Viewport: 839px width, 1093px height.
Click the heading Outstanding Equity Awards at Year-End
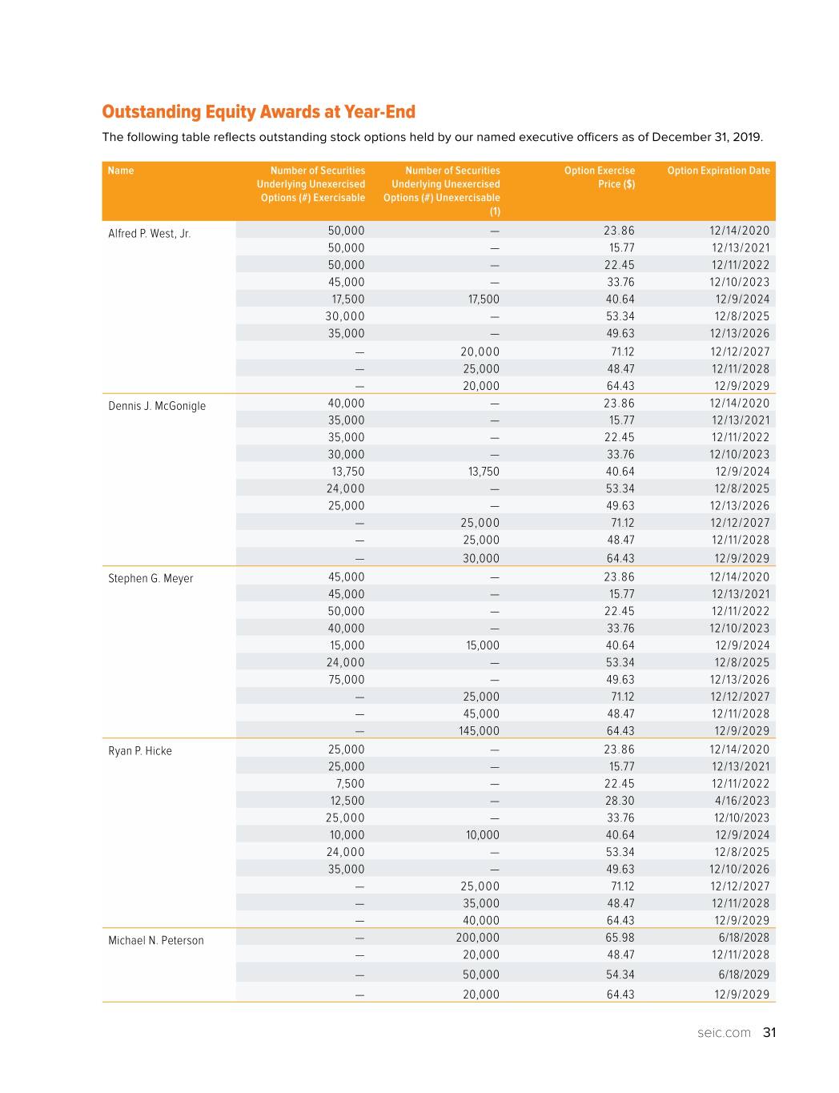pos(259,111)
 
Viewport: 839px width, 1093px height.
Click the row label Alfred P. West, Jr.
pos(150,234)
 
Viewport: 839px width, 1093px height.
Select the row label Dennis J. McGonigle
pos(157,406)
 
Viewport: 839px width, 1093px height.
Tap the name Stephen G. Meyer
pos(151,578)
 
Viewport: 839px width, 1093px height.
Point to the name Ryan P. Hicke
pos(140,751)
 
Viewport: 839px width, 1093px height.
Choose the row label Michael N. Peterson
pos(156,940)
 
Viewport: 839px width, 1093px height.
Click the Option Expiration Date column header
pos(718,171)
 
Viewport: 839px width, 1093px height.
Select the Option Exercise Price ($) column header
pos(600,177)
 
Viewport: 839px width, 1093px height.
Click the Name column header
pos(121,171)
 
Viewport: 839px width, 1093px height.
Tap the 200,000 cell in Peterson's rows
pos(478,938)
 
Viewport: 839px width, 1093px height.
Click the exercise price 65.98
pos(620,938)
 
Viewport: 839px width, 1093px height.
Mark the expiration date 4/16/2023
pos(742,801)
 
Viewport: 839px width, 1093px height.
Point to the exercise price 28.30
pos(620,801)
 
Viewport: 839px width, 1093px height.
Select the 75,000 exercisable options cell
pos(346,680)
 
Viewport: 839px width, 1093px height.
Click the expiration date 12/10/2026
pos(739,870)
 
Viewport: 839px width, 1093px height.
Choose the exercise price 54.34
pos(620,974)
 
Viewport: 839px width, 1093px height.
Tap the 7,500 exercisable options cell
pos(350,784)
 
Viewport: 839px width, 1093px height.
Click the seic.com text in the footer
pos(724,1033)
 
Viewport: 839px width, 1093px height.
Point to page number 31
pos(769,1033)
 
